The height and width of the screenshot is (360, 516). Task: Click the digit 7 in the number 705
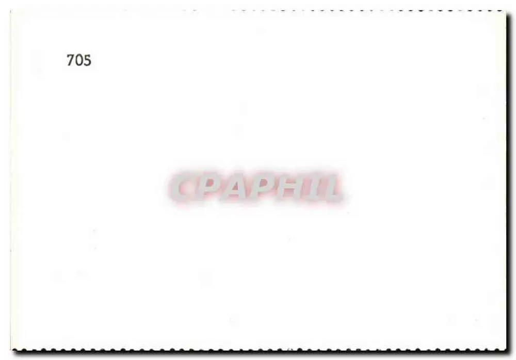point(70,60)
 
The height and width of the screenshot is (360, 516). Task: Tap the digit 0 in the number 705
point(79,60)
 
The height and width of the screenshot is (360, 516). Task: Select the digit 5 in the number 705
point(87,60)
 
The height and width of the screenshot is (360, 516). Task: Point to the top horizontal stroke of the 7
point(70,55)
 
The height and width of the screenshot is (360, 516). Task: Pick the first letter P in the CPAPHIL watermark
point(210,187)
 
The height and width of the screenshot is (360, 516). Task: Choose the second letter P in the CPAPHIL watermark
point(263,187)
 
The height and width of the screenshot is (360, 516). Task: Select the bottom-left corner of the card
point(12,350)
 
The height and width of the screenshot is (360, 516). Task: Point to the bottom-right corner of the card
point(506,350)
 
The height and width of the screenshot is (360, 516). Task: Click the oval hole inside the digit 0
point(79,60)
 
